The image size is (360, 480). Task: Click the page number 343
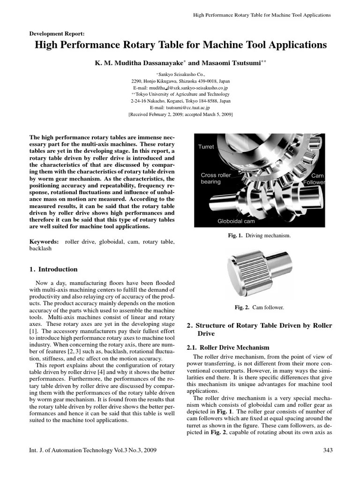[x=328, y=450]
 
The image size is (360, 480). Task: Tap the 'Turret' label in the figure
[x=206, y=147]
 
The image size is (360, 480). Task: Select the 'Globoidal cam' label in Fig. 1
[x=236, y=221]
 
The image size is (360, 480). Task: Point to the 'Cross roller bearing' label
[x=216, y=178]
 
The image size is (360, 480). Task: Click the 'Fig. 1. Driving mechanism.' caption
[x=259, y=236]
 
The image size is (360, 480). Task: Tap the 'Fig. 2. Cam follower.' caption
[x=259, y=307]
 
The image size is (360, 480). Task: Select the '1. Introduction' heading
[x=53, y=270]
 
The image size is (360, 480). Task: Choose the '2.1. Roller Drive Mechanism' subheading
[x=228, y=347]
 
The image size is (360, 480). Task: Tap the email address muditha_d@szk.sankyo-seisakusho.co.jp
[x=180, y=87]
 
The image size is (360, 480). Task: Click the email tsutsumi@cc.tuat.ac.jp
[x=180, y=107]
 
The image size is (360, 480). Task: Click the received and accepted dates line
[x=180, y=114]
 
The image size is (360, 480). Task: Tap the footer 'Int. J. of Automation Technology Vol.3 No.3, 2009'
[x=93, y=450]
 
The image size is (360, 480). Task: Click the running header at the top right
[x=262, y=15]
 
